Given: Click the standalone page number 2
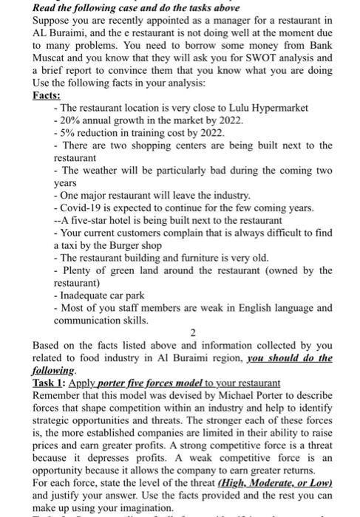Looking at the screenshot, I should (x=191, y=333).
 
